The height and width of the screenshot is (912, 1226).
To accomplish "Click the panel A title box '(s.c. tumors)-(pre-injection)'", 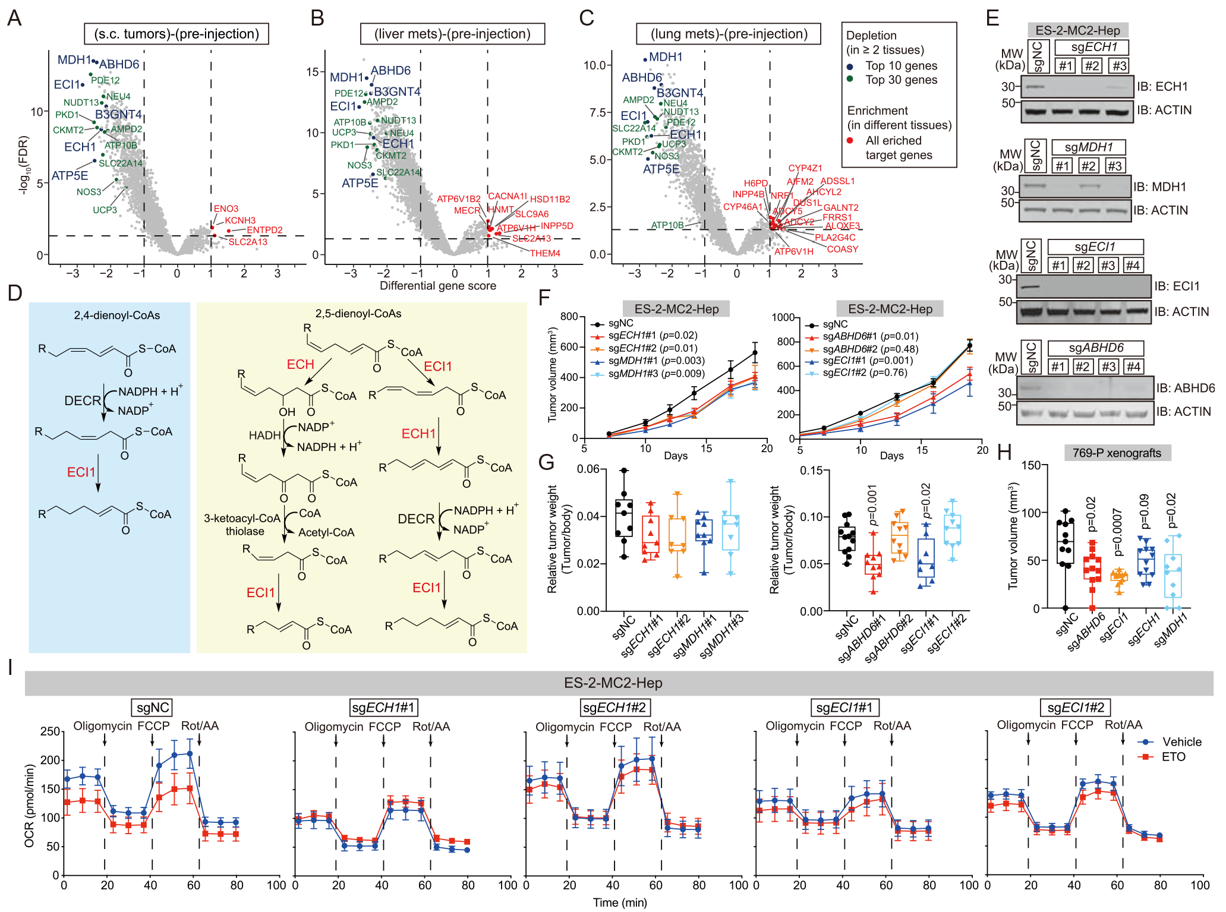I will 177,34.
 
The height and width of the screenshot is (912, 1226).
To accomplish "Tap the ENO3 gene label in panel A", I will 226,209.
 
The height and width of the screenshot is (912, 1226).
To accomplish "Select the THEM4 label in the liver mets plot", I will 545,253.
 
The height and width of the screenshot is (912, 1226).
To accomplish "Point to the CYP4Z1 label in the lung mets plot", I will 805,169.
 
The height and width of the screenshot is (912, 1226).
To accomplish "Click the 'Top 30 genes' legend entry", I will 901,80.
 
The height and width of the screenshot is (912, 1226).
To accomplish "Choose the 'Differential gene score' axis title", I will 438,286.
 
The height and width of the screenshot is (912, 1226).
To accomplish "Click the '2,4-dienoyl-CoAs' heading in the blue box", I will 117,315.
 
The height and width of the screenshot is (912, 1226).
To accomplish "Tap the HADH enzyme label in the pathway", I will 264,436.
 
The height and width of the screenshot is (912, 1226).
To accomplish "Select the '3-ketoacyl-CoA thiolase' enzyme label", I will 242,525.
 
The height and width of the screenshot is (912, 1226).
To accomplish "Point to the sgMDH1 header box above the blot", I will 1088,147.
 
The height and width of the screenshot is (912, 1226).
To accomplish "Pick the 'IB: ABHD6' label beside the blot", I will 1185,388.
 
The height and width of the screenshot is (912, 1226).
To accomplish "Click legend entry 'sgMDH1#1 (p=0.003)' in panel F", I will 656,361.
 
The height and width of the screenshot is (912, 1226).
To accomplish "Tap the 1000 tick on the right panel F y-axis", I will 783,317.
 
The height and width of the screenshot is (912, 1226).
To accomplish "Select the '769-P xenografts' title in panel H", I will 1117,453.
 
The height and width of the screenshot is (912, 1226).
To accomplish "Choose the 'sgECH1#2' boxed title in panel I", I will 614,707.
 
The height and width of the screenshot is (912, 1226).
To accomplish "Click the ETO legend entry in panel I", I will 1173,757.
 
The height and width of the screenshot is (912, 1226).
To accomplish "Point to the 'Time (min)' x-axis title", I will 620,902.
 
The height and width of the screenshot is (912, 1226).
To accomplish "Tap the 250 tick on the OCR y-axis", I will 50,731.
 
